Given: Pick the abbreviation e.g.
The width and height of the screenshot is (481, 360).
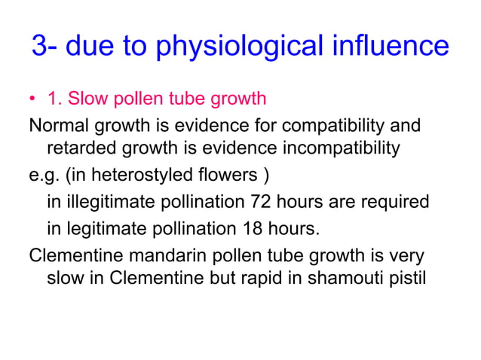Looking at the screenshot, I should [x=44, y=176].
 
